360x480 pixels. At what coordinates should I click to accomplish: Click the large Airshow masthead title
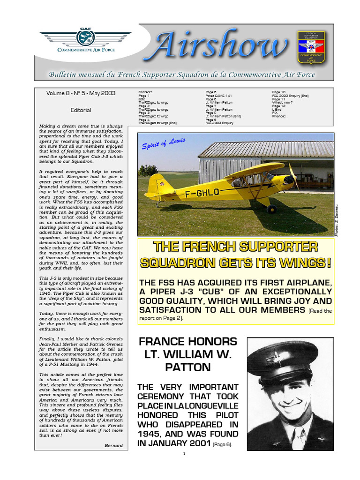[x=220, y=47]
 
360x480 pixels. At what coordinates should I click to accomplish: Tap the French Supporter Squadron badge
[x=311, y=47]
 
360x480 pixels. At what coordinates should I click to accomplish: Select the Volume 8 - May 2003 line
[x=81, y=93]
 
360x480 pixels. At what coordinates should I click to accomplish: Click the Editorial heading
[x=81, y=110]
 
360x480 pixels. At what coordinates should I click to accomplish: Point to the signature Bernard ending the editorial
[x=113, y=445]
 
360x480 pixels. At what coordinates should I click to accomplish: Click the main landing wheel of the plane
[x=271, y=209]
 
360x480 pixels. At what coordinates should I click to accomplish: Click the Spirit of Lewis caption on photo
[x=164, y=144]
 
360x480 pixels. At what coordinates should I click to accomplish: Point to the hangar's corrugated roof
[x=265, y=149]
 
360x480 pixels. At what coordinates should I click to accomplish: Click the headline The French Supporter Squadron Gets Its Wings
[x=236, y=254]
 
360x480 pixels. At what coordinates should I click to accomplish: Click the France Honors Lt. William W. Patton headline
[x=187, y=354]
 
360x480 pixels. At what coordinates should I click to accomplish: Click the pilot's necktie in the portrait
[x=297, y=438]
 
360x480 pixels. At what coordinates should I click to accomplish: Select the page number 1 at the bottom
[x=185, y=454]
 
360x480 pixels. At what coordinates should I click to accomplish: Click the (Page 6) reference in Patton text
[x=222, y=444]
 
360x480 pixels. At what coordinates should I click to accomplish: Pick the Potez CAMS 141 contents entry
[x=218, y=96]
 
